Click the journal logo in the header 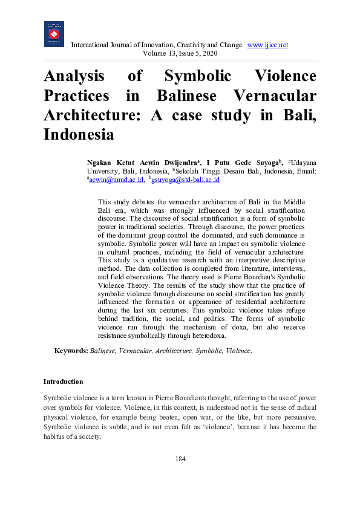click(54, 34)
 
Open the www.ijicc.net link click(267, 45)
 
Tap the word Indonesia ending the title click(79, 134)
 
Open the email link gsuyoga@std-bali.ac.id click(185, 180)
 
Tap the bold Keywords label click(71, 351)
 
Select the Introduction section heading click(63, 382)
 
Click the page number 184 click(180, 459)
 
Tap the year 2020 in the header click(208, 53)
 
